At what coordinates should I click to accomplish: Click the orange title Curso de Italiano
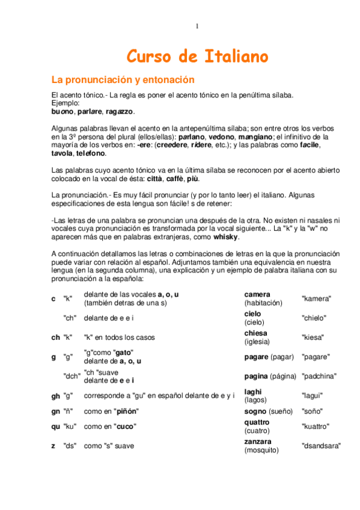pos(197,57)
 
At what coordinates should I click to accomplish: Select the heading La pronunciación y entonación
pos(123,79)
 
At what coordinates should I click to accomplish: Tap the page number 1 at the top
pos(197,26)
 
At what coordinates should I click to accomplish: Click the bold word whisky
pos(226,237)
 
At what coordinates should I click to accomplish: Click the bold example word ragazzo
pos(120,111)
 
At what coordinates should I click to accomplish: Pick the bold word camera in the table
pos(257,294)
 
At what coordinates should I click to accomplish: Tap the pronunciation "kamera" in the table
pos(316,298)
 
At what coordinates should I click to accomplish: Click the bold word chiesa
pos(256,333)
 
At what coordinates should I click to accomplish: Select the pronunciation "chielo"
pos(314,318)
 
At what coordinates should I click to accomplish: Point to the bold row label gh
pos(55,396)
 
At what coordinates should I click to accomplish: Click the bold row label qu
pos(55,426)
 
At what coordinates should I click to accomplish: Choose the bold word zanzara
pos(258,441)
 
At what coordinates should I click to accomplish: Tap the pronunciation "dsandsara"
pos(321,446)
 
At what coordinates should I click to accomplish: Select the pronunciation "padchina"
pos(319,376)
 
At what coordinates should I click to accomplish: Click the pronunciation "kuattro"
pos(315,426)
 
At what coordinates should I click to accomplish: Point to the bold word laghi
pos(253,392)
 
